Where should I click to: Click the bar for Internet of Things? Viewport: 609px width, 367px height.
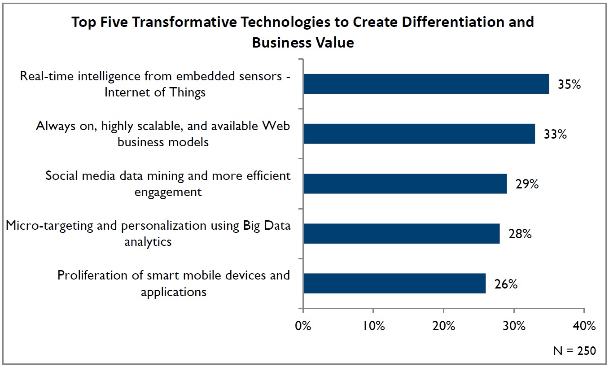pos(426,84)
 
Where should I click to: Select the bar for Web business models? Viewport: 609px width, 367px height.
pos(419,134)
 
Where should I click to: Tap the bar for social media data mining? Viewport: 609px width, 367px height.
pos(405,183)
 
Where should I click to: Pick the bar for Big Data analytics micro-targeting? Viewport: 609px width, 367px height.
pos(401,234)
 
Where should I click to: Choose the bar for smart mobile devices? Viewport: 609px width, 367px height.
pos(394,284)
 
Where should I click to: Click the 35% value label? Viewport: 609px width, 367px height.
pos(569,84)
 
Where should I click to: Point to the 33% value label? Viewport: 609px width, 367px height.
pos(555,134)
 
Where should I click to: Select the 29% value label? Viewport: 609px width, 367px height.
pos(527,184)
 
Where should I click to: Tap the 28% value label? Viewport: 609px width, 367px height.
pos(520,234)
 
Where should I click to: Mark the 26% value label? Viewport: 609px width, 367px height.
pos(506,284)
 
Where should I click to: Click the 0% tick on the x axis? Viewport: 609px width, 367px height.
pos(303,326)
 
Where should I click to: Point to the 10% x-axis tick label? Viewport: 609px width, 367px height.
pos(373,326)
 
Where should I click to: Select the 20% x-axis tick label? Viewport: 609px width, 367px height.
pos(443,326)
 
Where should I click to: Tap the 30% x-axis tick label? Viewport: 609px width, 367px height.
pos(513,326)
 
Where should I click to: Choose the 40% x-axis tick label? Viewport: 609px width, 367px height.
pos(583,326)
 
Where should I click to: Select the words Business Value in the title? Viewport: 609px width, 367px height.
pos(303,42)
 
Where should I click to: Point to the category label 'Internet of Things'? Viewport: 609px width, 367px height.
pos(155,92)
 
